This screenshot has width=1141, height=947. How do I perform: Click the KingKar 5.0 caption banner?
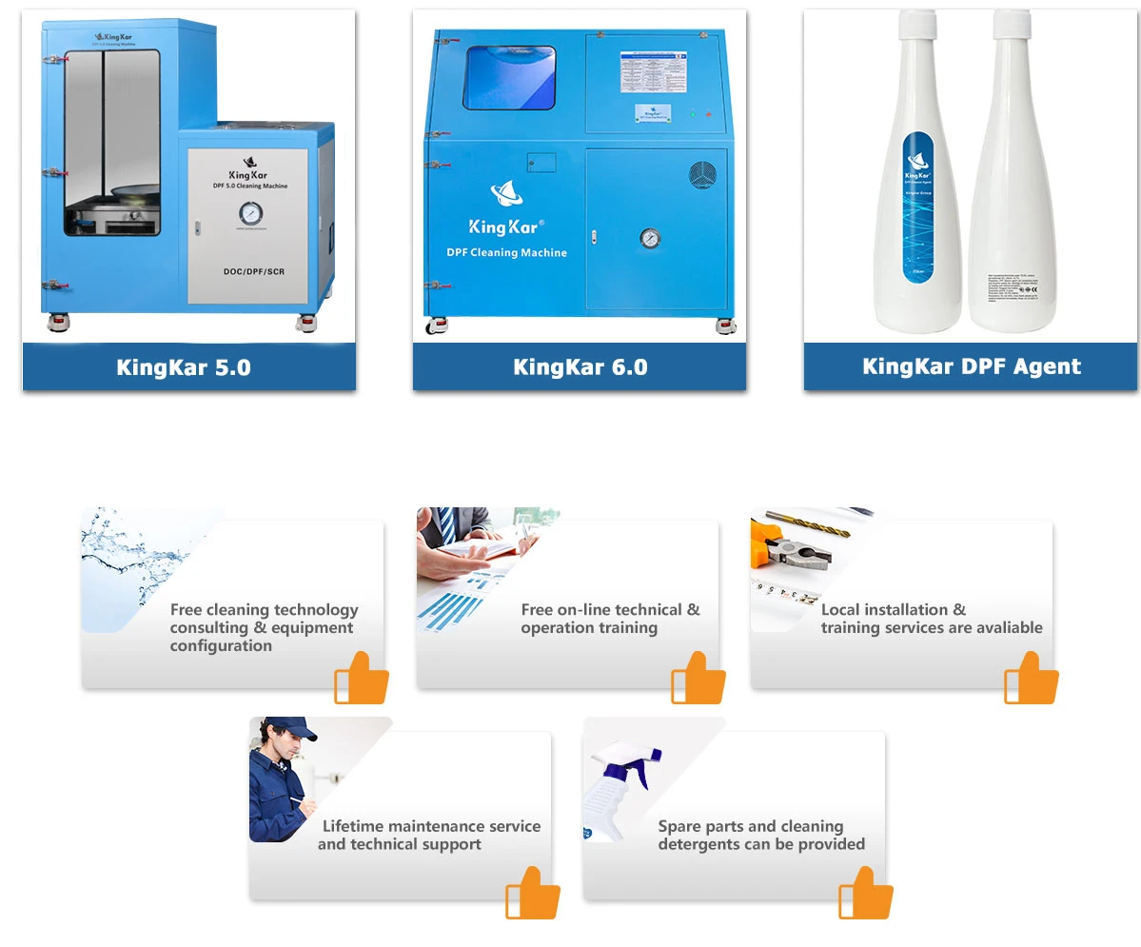pyautogui.click(x=188, y=367)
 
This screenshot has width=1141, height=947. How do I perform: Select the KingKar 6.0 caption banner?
pyautogui.click(x=580, y=367)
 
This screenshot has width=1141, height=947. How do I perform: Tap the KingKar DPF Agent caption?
pyautogui.click(x=971, y=367)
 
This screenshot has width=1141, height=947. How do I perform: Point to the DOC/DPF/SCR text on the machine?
pyautogui.click(x=248, y=271)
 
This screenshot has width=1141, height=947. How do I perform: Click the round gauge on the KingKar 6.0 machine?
pyautogui.click(x=650, y=237)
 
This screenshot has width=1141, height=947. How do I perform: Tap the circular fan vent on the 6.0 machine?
pyautogui.click(x=702, y=176)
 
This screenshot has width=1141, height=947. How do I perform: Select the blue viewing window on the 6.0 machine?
pyautogui.click(x=509, y=77)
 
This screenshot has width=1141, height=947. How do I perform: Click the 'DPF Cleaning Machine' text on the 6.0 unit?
pyautogui.click(x=506, y=252)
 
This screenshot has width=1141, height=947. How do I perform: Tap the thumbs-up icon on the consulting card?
pyautogui.click(x=362, y=678)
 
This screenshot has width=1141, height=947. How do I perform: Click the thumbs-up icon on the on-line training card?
pyautogui.click(x=698, y=678)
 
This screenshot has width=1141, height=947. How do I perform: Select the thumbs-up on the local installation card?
pyautogui.click(x=1032, y=678)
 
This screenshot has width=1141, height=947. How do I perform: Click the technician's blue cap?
pyautogui.click(x=285, y=728)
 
